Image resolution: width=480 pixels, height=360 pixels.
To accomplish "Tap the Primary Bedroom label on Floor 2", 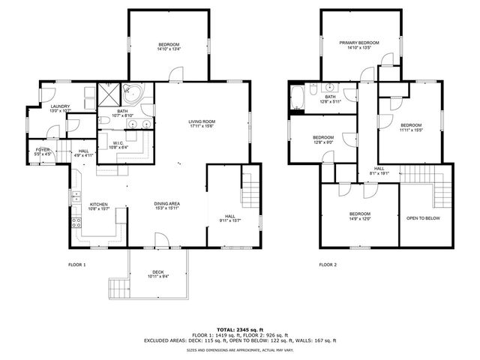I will tap(358, 43).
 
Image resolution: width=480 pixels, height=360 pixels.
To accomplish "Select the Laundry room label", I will tap(60, 107).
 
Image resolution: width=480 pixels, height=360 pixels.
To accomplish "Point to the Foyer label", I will tap(43, 150).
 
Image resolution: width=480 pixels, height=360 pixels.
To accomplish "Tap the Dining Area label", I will tap(166, 204).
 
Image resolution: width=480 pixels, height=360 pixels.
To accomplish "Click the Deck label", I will tap(157, 272).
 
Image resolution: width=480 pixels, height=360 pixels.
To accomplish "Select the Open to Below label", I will tap(423, 218).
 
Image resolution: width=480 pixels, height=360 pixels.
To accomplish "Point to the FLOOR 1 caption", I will tap(76, 265).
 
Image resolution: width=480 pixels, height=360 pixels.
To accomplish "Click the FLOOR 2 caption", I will tap(328, 265).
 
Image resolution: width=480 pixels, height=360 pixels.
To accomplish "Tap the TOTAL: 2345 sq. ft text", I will tap(240, 329).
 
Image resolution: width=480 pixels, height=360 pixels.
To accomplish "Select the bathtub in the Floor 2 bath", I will tap(297, 96).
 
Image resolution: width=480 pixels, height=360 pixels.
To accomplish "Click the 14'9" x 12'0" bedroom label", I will tap(358, 217).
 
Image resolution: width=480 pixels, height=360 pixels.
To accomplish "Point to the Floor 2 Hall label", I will tap(379, 169).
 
